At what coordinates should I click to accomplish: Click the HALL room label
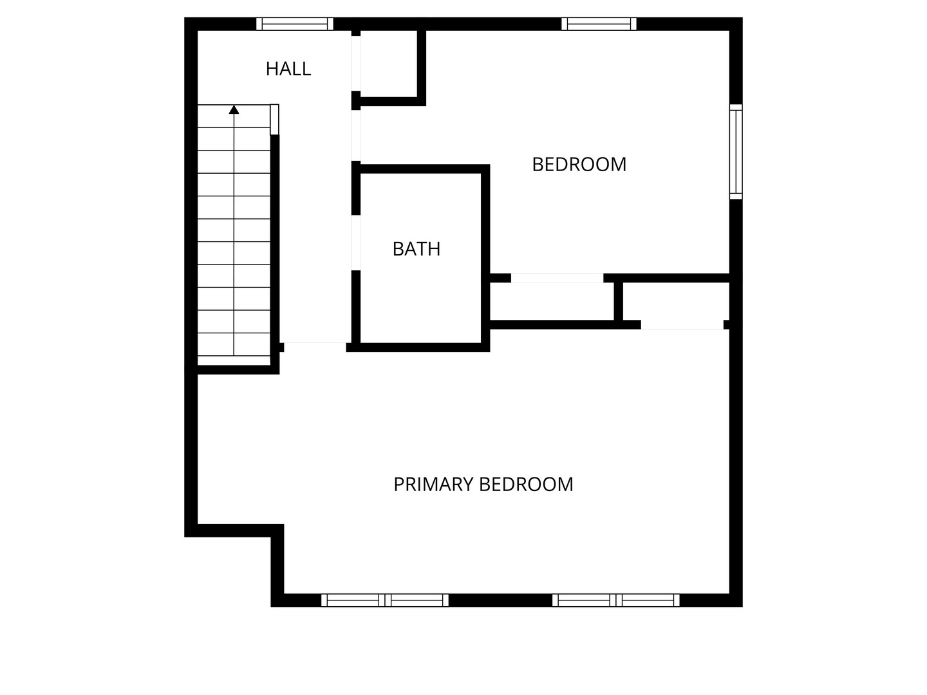(288, 69)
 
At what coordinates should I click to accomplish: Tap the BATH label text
(417, 249)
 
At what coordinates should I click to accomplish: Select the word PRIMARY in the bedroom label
(433, 485)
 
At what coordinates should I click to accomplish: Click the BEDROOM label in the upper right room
(579, 165)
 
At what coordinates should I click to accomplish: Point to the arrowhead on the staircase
(234, 109)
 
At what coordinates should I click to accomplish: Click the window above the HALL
(295, 24)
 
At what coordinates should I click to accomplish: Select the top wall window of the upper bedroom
(599, 24)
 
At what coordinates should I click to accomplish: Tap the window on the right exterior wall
(736, 151)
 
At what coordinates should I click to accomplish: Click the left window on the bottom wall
(385, 600)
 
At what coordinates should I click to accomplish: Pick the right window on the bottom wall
(616, 600)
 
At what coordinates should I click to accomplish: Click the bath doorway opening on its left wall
(356, 243)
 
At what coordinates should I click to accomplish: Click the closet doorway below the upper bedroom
(557, 278)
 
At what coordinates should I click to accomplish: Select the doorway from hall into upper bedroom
(356, 135)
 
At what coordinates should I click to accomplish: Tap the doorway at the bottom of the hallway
(315, 347)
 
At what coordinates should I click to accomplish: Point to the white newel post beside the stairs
(274, 120)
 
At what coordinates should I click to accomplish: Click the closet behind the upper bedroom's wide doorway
(552, 301)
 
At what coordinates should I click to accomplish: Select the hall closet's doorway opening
(356, 63)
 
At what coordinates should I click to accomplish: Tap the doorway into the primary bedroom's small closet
(682, 325)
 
